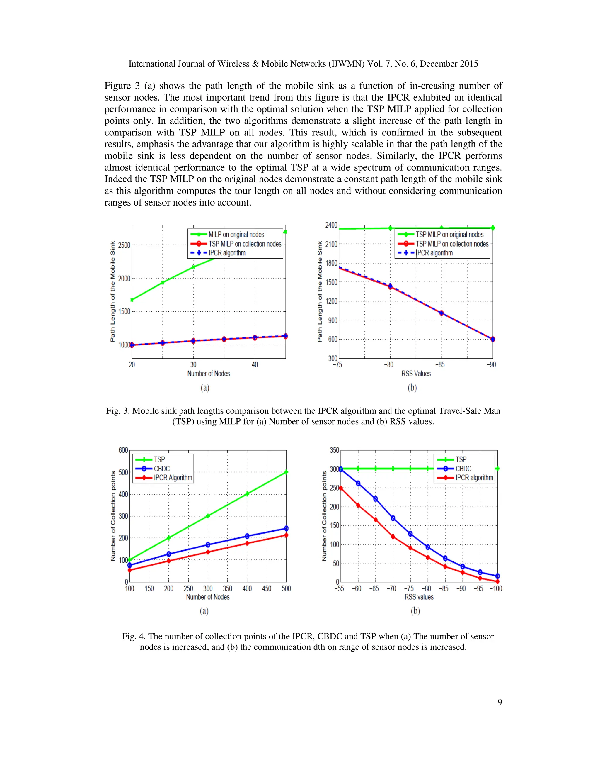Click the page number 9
[500, 702]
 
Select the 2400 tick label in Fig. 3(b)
[331, 225]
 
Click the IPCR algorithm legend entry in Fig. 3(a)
[227, 253]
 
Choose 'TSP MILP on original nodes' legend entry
[450, 235]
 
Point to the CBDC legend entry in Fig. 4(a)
[162, 469]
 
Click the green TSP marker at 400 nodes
[247, 494]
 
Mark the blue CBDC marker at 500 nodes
[286, 529]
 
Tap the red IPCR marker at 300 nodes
[208, 552]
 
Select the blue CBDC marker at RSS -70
[393, 518]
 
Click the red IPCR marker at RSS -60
[358, 505]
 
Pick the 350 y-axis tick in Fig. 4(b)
[335, 450]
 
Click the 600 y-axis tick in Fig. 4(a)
[123, 450]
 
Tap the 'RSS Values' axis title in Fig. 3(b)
[416, 374]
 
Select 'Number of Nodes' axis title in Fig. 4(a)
[208, 597]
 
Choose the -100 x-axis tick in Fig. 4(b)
[496, 588]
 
